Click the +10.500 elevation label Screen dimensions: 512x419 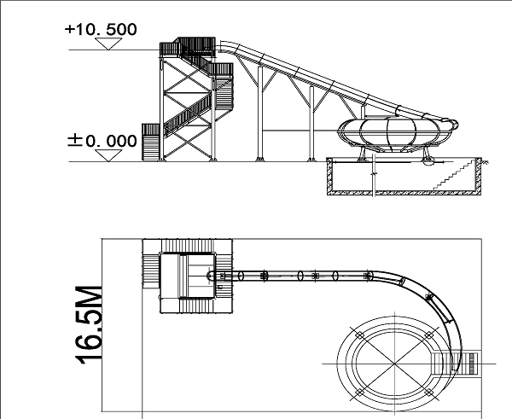tap(101, 29)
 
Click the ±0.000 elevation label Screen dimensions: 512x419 tap(102, 141)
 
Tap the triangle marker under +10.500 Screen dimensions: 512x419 tap(108, 44)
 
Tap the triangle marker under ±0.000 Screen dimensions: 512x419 tap(108, 155)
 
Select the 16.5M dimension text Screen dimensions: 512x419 tap(89, 325)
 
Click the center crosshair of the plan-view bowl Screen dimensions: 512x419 tap(395, 364)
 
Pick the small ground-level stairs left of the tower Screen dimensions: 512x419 tap(150, 142)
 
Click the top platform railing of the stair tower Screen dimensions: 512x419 tap(188, 47)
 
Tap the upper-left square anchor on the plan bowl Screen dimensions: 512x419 tap(359, 335)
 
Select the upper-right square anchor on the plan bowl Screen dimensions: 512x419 tap(429, 335)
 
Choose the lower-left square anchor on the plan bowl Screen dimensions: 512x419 tap(359, 393)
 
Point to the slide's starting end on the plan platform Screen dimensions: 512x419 tap(209, 276)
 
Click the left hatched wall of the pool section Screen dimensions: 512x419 tap(329, 176)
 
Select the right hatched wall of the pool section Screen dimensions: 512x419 tap(479, 176)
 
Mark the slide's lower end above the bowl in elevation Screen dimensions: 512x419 tap(452, 123)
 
